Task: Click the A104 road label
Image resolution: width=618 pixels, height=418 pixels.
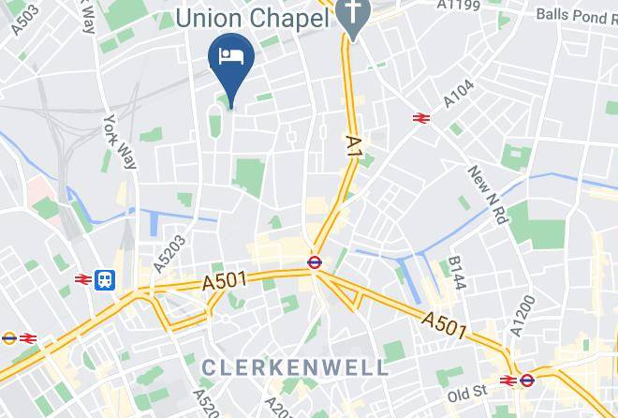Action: click(x=458, y=95)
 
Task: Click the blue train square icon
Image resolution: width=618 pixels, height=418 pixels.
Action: click(x=105, y=278)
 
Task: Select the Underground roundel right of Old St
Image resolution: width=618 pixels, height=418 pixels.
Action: click(x=527, y=381)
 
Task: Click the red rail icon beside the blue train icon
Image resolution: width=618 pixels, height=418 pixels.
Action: click(x=82, y=278)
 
